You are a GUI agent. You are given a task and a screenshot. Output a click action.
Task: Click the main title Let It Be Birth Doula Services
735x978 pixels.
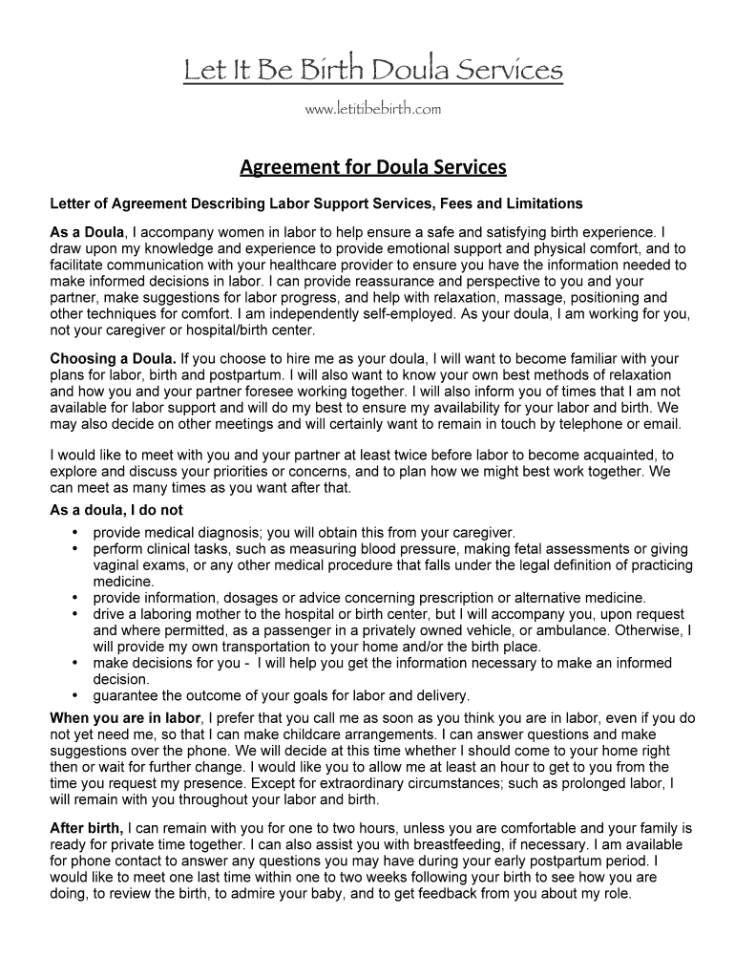click(x=373, y=70)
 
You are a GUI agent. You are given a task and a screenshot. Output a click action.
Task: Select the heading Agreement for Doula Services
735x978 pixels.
click(x=372, y=168)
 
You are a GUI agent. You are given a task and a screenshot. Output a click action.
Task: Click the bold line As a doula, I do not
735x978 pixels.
click(x=116, y=510)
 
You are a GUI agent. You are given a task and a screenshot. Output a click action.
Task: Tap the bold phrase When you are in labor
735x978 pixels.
click(x=125, y=718)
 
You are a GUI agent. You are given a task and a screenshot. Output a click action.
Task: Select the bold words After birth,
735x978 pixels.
click(x=86, y=828)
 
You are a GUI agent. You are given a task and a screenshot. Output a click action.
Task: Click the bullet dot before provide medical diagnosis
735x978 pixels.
click(x=74, y=532)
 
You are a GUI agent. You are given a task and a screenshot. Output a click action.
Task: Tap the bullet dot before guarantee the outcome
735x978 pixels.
click(x=74, y=694)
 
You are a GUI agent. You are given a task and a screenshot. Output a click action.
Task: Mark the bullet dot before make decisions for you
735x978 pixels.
click(x=74, y=662)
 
